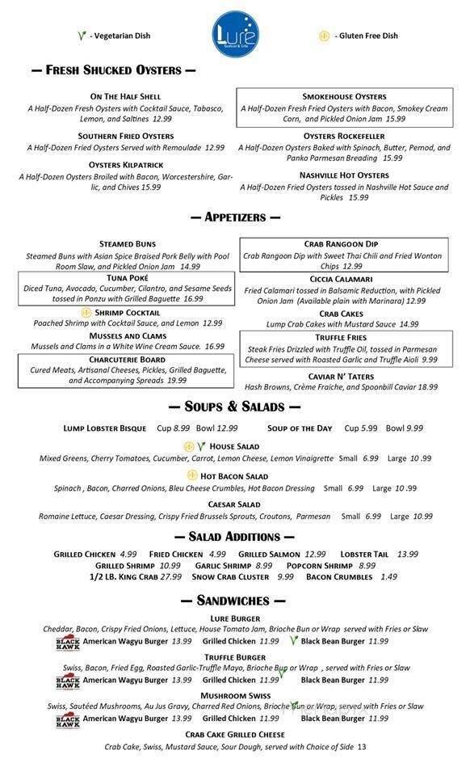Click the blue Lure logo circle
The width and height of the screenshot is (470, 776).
point(235,34)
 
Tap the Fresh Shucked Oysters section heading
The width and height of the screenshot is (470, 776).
point(113,70)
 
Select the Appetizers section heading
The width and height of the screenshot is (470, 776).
point(235,217)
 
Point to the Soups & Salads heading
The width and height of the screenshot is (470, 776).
point(235,406)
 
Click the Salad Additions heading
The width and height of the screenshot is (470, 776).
point(235,536)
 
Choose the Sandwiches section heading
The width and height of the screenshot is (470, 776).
point(235,600)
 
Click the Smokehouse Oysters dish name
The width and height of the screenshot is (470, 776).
point(344,96)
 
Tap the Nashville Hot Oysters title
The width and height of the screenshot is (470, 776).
point(344,175)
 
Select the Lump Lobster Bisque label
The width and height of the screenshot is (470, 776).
point(105,428)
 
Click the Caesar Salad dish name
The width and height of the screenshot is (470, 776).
point(234,504)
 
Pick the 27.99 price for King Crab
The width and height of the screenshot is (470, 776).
point(171,576)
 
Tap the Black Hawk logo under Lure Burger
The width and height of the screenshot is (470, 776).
point(68,642)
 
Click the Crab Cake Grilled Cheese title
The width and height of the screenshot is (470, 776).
point(234,734)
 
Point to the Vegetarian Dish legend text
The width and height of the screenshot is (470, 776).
point(120,36)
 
